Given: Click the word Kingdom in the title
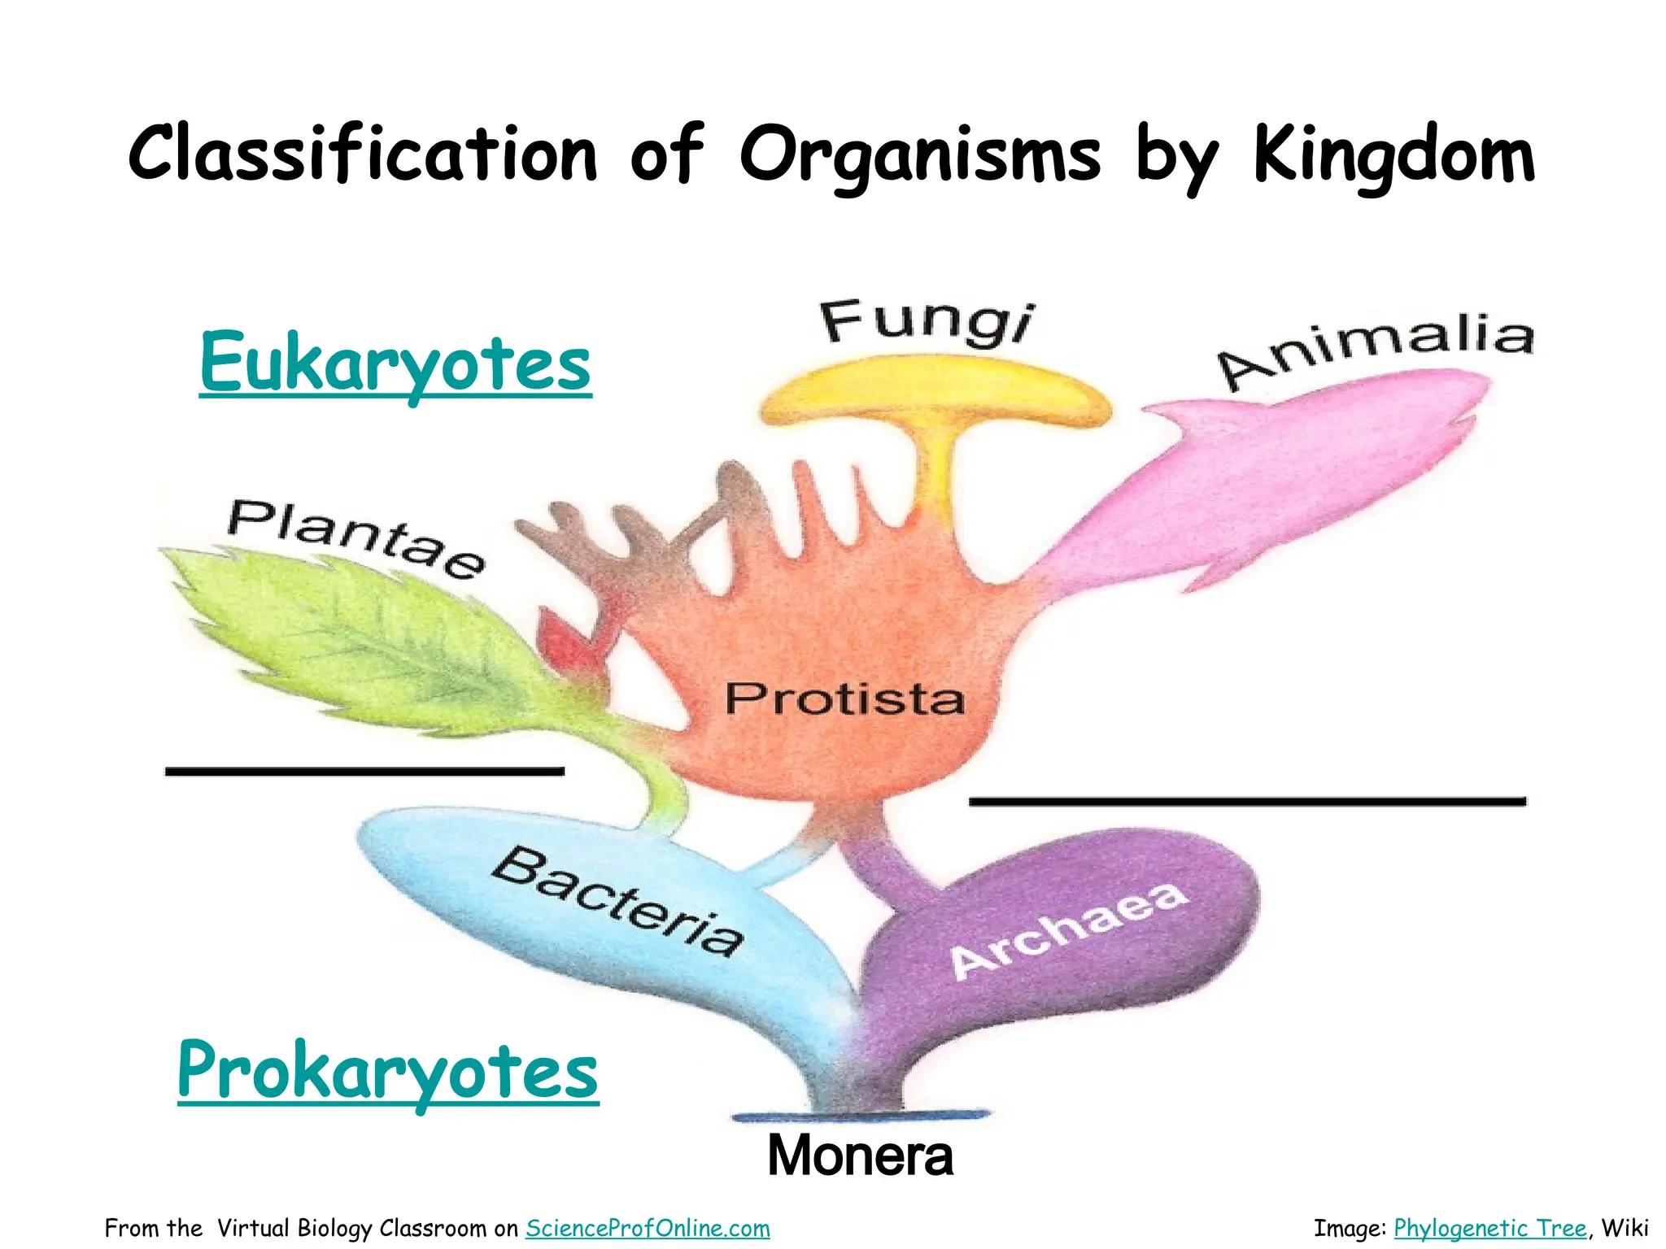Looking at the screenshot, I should tap(1393, 156).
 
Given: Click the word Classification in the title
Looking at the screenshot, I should tap(363, 154).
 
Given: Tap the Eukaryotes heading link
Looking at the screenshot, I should tap(395, 363).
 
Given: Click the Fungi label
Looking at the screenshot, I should tap(927, 323).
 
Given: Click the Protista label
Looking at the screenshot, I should tap(844, 698).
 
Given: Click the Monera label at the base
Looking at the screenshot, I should tap(860, 1155).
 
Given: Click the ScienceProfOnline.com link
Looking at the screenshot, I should tap(648, 1228).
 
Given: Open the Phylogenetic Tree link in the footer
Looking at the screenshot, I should tap(1489, 1228).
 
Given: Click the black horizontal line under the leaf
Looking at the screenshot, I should tap(364, 770).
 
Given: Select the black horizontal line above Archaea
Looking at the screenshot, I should tap(1247, 801).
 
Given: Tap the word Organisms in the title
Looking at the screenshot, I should tap(920, 156).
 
